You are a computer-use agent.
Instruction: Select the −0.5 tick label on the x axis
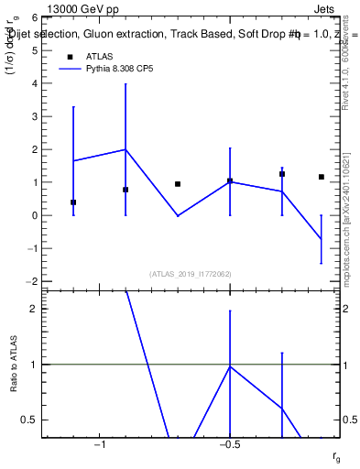[229, 444]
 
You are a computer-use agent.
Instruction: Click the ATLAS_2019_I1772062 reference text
[191, 273]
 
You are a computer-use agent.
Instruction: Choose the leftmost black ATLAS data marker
[73, 202]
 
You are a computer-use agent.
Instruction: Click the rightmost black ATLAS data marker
[322, 177]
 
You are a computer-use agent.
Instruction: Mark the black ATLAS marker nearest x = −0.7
[178, 184]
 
